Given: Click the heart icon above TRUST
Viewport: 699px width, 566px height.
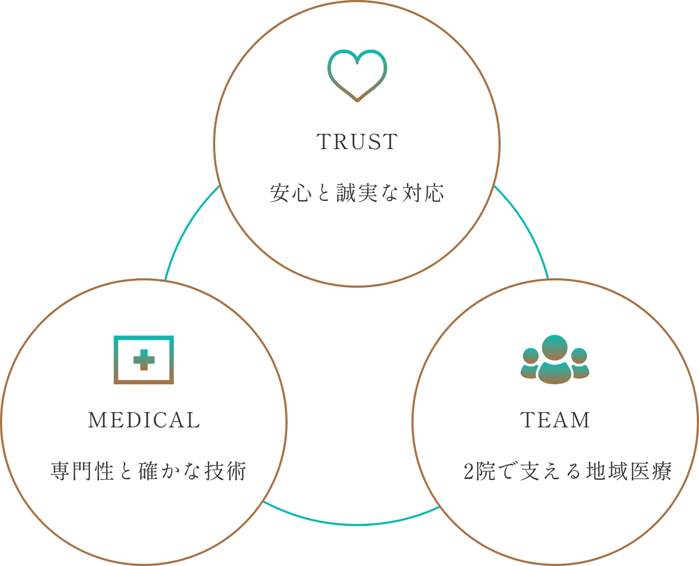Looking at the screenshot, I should (357, 75).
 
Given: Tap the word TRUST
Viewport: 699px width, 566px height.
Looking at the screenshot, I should (357, 142).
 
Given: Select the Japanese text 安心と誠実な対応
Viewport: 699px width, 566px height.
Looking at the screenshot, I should (357, 193).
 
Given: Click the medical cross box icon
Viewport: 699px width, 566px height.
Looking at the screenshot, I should (144, 360).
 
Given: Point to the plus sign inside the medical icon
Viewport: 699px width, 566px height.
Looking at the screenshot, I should (144, 360).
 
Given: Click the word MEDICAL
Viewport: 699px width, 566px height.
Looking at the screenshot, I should (144, 420).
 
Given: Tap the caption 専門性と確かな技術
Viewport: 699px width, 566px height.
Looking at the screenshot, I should (149, 471).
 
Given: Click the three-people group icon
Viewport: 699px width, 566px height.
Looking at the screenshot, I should (555, 360).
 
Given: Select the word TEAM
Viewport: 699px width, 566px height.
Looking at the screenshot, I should (555, 420).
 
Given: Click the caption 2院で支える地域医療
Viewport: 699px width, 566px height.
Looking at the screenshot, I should (567, 471).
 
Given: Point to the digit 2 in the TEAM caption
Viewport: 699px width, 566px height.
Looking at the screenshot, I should (469, 471).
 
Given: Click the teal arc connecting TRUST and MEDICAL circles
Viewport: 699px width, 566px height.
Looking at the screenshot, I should (183, 231).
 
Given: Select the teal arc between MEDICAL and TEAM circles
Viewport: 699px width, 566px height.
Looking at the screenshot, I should (352, 523).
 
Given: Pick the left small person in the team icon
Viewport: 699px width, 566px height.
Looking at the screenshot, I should (531, 363).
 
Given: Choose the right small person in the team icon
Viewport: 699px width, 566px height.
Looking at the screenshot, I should (579, 363).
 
